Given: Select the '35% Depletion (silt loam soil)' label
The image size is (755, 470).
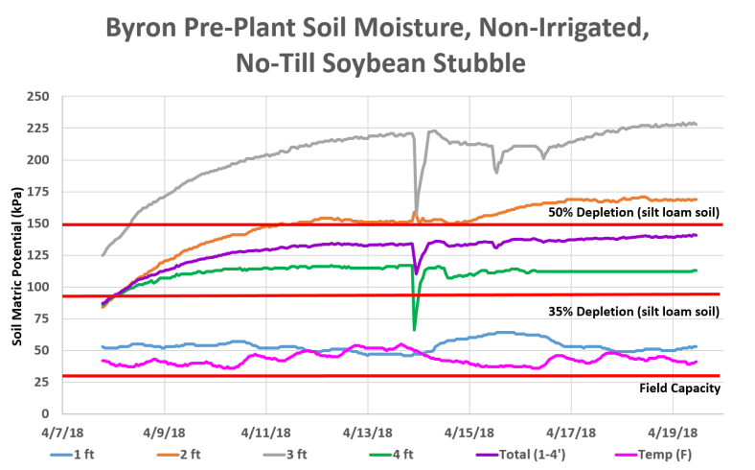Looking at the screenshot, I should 633,312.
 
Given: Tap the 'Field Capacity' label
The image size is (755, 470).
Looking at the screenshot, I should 679,388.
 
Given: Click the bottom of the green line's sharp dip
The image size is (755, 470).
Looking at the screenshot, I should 414,329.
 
